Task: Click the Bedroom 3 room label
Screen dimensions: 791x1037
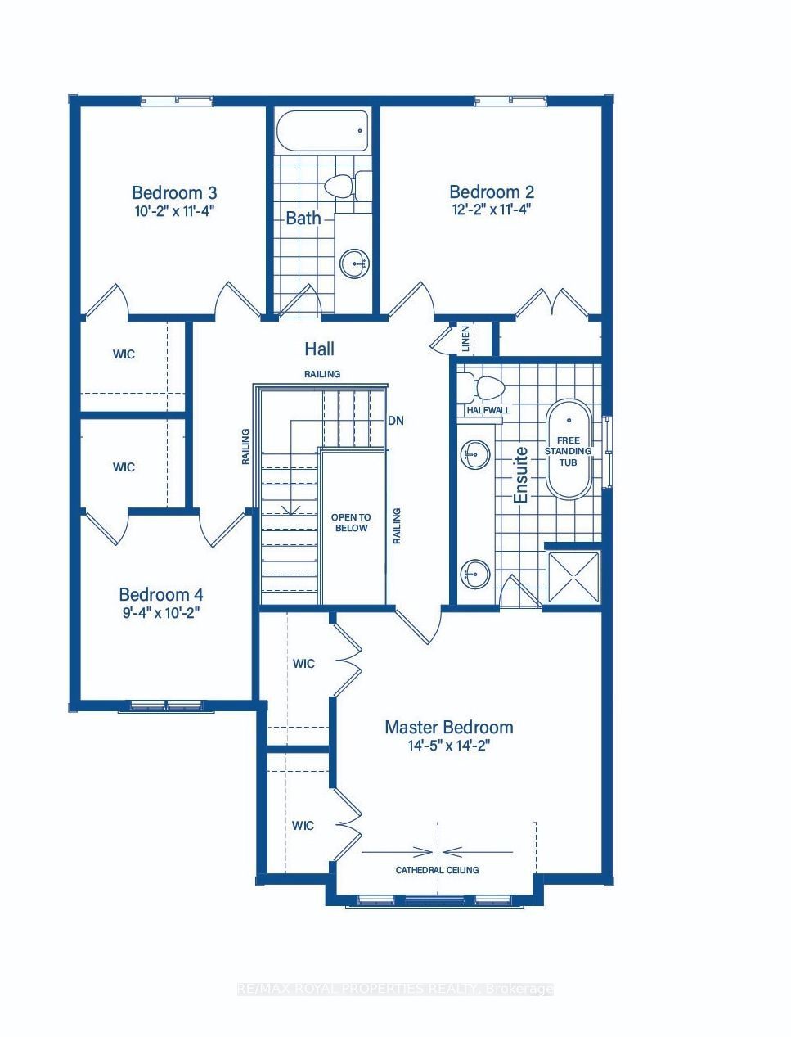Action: coord(174,193)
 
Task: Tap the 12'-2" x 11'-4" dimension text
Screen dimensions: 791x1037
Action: coord(492,210)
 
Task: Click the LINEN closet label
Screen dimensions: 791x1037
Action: coord(465,339)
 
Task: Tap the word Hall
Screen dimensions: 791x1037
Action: coord(320,349)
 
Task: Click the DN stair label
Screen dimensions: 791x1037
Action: coord(396,420)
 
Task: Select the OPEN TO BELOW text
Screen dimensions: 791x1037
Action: coord(351,522)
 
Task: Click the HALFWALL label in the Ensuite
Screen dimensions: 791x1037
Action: coord(488,410)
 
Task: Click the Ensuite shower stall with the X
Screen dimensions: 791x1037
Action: coord(573,577)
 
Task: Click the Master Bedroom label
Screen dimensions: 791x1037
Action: coord(449,727)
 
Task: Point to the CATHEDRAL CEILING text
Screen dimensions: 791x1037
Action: coord(437,870)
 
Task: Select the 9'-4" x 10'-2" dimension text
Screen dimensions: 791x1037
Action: coord(161,613)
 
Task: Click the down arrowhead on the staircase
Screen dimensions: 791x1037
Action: coord(290,510)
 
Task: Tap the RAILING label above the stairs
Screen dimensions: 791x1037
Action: coord(322,374)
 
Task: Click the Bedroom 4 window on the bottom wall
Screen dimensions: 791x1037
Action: coord(166,706)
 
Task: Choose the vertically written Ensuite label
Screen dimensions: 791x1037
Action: coord(521,475)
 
